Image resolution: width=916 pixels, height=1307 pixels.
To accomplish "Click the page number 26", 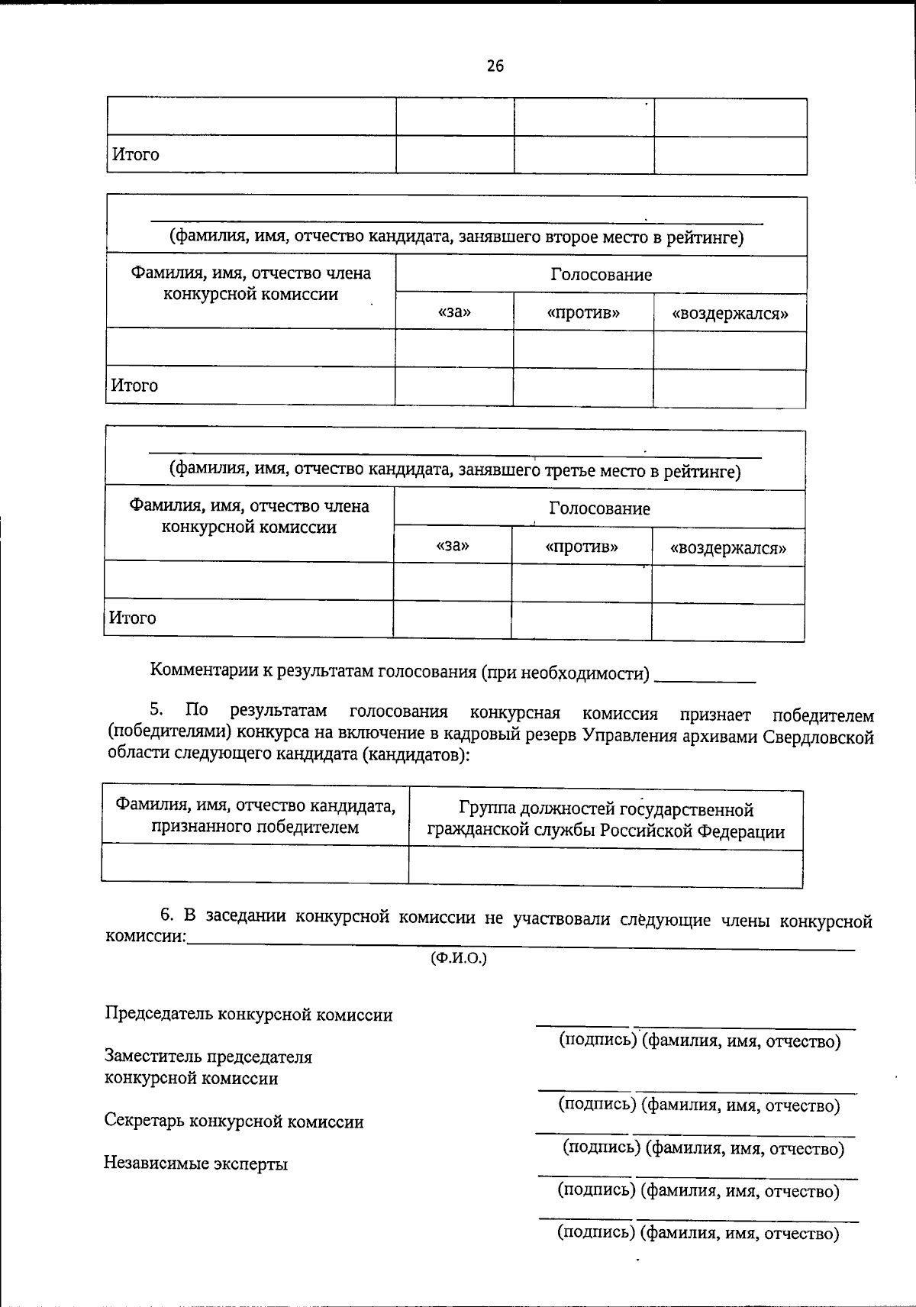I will [495, 66].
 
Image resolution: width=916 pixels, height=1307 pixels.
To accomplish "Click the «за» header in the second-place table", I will [454, 312].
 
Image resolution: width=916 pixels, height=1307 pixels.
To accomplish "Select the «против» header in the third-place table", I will [582, 547].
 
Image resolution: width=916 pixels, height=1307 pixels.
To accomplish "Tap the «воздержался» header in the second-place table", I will [729, 313].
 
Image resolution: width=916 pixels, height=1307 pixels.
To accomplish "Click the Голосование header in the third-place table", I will [599, 508].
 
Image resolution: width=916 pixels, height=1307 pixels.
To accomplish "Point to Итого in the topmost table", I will [136, 155].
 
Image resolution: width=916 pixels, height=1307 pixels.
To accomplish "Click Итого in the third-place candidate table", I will [133, 618].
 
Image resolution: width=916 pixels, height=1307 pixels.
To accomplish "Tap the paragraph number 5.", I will [156, 710].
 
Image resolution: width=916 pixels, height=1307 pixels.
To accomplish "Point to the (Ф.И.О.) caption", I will [459, 958].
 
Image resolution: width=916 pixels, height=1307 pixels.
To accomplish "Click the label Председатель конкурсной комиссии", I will [249, 1015].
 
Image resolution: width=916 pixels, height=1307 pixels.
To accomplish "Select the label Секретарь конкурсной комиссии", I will [234, 1121].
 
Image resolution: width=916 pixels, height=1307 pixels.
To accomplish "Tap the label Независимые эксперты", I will [195, 1164].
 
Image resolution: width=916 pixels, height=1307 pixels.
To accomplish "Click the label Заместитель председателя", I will [208, 1057].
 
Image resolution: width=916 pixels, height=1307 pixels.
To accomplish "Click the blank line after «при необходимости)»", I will [705, 676].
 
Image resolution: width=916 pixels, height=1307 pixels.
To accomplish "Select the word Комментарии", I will [201, 671].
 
